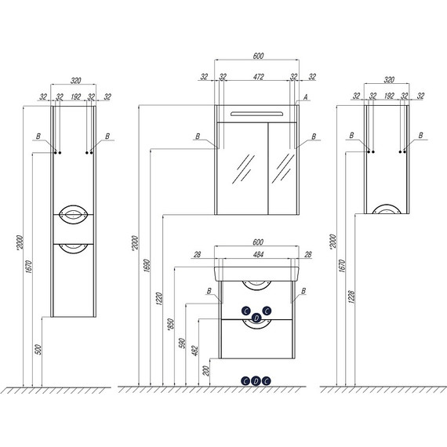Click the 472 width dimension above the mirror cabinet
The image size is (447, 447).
[258, 77]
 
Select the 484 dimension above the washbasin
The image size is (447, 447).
[258, 254]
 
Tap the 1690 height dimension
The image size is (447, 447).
[147, 266]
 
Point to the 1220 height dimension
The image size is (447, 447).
[159, 299]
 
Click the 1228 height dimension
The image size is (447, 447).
[351, 296]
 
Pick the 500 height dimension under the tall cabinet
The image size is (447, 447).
[38, 350]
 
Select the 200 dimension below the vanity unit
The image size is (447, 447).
[206, 371]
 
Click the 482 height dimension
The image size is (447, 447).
[195, 351]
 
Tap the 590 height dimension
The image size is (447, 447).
[182, 343]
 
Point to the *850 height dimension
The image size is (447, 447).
[170, 325]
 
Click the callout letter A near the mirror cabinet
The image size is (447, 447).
[306, 97]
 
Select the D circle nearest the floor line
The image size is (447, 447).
[256, 381]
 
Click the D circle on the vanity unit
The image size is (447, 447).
[256, 318]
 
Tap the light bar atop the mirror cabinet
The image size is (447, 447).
[257, 114]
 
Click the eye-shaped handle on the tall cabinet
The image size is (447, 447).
[73, 214]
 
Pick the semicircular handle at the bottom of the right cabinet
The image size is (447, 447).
[387, 208]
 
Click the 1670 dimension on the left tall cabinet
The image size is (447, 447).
[29, 267]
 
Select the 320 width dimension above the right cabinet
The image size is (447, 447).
[389, 79]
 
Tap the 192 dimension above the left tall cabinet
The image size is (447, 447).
[75, 96]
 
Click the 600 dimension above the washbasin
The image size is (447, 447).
[258, 242]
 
